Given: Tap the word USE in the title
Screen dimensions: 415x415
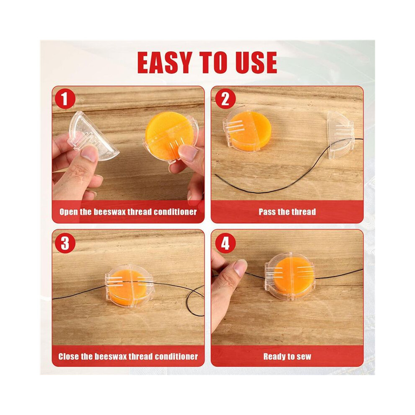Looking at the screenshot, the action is [x=256, y=62].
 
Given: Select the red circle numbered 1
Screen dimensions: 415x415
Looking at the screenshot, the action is [x=65, y=99].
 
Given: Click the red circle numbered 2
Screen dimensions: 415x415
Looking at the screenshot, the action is [x=225, y=99].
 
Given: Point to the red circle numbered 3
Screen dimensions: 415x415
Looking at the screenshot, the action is [x=65, y=243].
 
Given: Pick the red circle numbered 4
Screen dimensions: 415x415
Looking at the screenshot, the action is [x=225, y=243].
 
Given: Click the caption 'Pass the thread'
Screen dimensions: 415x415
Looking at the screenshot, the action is [x=287, y=212].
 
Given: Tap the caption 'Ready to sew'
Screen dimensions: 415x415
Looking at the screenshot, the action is [x=287, y=356].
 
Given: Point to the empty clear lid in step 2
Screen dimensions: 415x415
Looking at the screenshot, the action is [x=340, y=135].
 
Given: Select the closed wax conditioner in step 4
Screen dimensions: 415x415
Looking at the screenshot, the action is [x=289, y=276].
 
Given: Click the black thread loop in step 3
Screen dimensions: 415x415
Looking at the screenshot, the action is [x=195, y=301].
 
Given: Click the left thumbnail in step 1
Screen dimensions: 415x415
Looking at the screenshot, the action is [x=89, y=154].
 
